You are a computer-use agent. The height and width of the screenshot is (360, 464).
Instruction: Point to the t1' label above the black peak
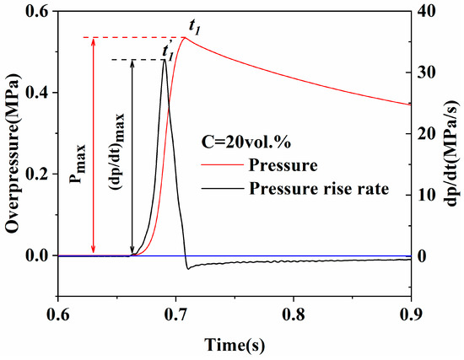pos(168,50)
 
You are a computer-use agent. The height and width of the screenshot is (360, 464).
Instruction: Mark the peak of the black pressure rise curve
pos(165,61)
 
